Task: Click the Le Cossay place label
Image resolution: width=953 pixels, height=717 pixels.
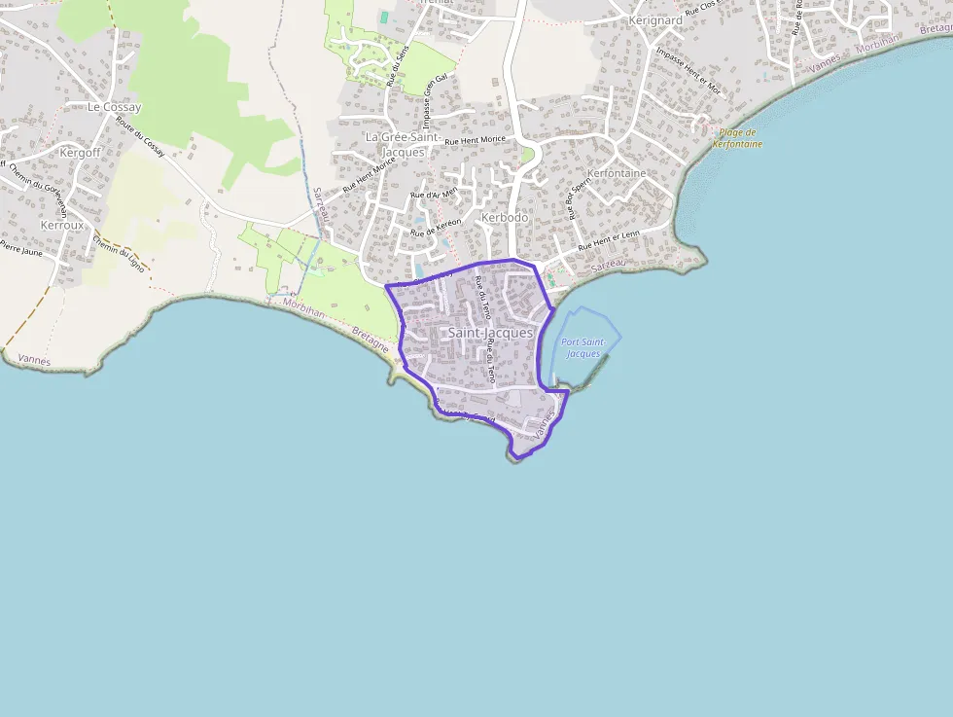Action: point(114,107)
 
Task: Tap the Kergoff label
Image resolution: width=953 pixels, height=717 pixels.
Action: point(80,153)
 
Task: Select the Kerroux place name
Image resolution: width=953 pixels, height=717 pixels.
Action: point(62,225)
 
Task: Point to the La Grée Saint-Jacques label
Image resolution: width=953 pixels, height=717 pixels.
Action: point(403,145)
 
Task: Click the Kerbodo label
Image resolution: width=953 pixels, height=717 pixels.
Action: point(505,218)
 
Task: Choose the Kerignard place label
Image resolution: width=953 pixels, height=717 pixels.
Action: point(655,20)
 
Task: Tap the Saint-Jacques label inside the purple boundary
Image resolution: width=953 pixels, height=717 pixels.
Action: point(490,333)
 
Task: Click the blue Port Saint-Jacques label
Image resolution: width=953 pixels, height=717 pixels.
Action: point(583,347)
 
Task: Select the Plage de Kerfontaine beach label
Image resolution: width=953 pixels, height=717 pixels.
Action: point(736,138)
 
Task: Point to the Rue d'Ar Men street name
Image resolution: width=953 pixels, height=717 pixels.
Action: point(434,194)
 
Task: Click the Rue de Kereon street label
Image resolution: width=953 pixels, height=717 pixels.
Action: point(436,228)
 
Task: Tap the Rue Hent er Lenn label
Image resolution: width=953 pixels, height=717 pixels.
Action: point(609,240)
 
